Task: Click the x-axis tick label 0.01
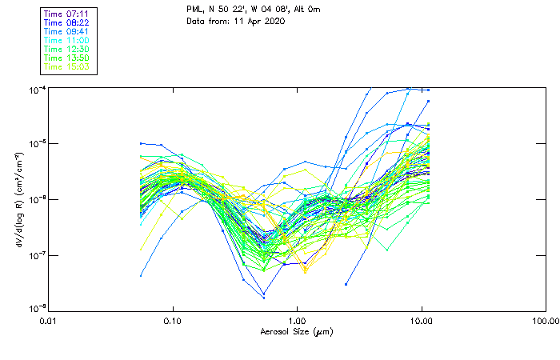49,322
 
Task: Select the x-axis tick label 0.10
173,322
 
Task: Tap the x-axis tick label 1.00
298,322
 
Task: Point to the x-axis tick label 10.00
422,322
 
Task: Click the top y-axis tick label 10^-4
35,89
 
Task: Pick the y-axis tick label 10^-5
35,143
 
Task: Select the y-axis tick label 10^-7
35,255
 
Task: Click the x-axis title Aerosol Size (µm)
297,332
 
